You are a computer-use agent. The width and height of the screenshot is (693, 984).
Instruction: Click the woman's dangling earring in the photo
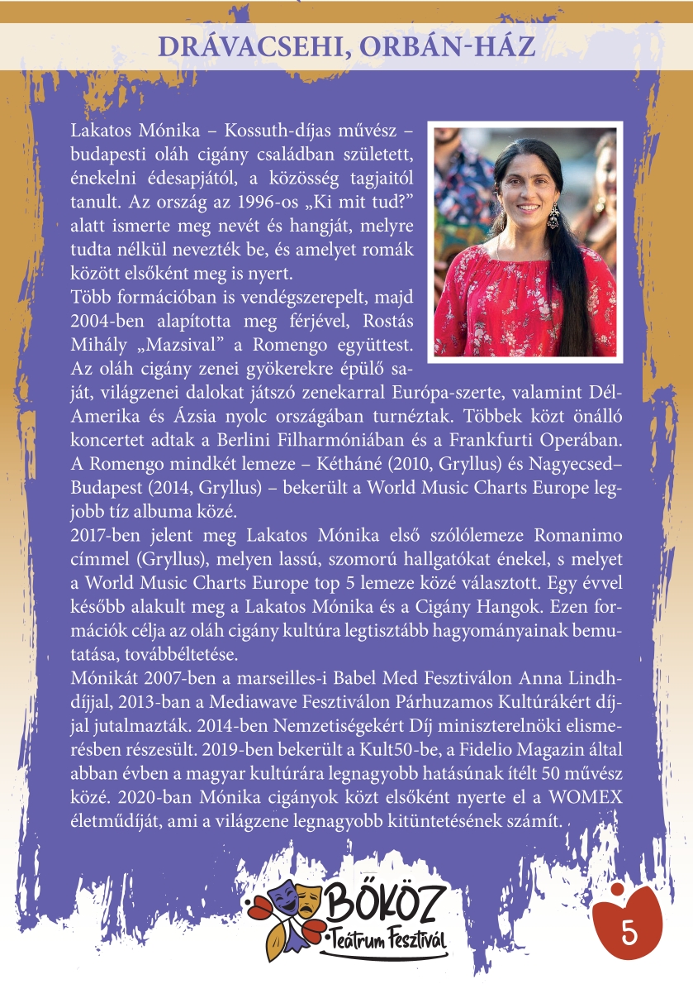pyautogui.click(x=553, y=217)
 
